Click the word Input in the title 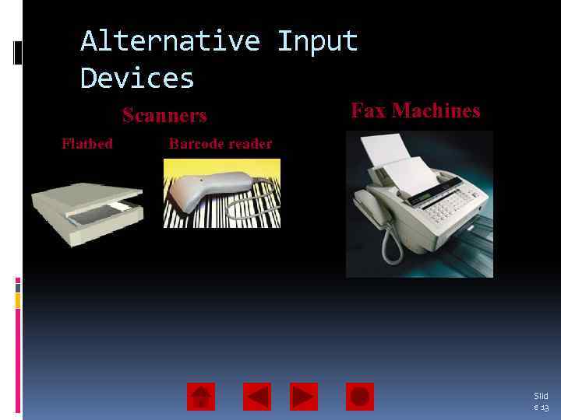click(x=317, y=41)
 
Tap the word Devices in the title click(x=137, y=79)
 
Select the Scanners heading click(x=164, y=116)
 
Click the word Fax click(x=369, y=110)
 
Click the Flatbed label click(x=87, y=143)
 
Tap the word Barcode click(x=196, y=143)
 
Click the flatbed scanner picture click(x=86, y=211)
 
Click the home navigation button click(x=201, y=397)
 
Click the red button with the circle click(x=360, y=397)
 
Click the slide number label click(x=541, y=401)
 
